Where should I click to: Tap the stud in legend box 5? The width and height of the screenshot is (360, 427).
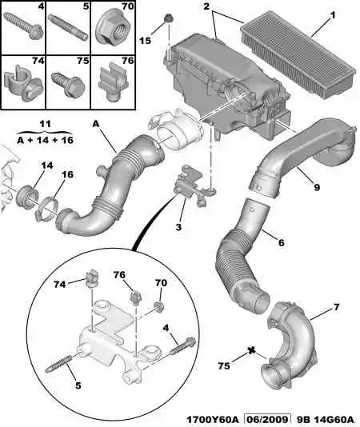(68, 27)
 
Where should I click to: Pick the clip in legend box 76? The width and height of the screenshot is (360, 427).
(114, 81)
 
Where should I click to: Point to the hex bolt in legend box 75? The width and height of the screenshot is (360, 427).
(68, 84)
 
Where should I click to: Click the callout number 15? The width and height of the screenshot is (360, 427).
(145, 41)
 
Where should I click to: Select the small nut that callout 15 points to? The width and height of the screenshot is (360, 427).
(168, 19)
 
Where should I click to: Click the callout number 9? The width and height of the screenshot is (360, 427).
(316, 187)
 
